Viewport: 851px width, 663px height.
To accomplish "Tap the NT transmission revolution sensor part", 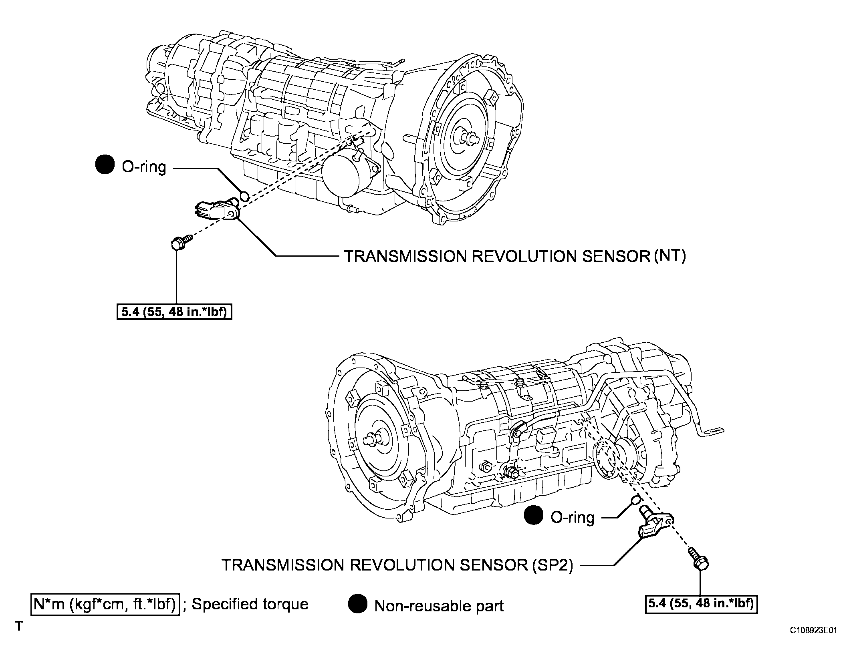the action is click(x=216, y=210).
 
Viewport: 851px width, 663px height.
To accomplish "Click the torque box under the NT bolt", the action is click(x=174, y=312).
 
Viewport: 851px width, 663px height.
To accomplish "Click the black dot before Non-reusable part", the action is click(x=358, y=604).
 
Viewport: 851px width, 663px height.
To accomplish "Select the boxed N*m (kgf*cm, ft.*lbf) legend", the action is click(x=105, y=604).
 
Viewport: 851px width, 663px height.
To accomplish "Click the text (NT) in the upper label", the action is click(x=670, y=256).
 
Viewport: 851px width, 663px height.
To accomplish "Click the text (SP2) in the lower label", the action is click(x=553, y=565).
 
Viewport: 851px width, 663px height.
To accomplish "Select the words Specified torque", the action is click(x=250, y=605).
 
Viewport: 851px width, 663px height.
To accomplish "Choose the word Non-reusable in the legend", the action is click(x=417, y=606).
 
